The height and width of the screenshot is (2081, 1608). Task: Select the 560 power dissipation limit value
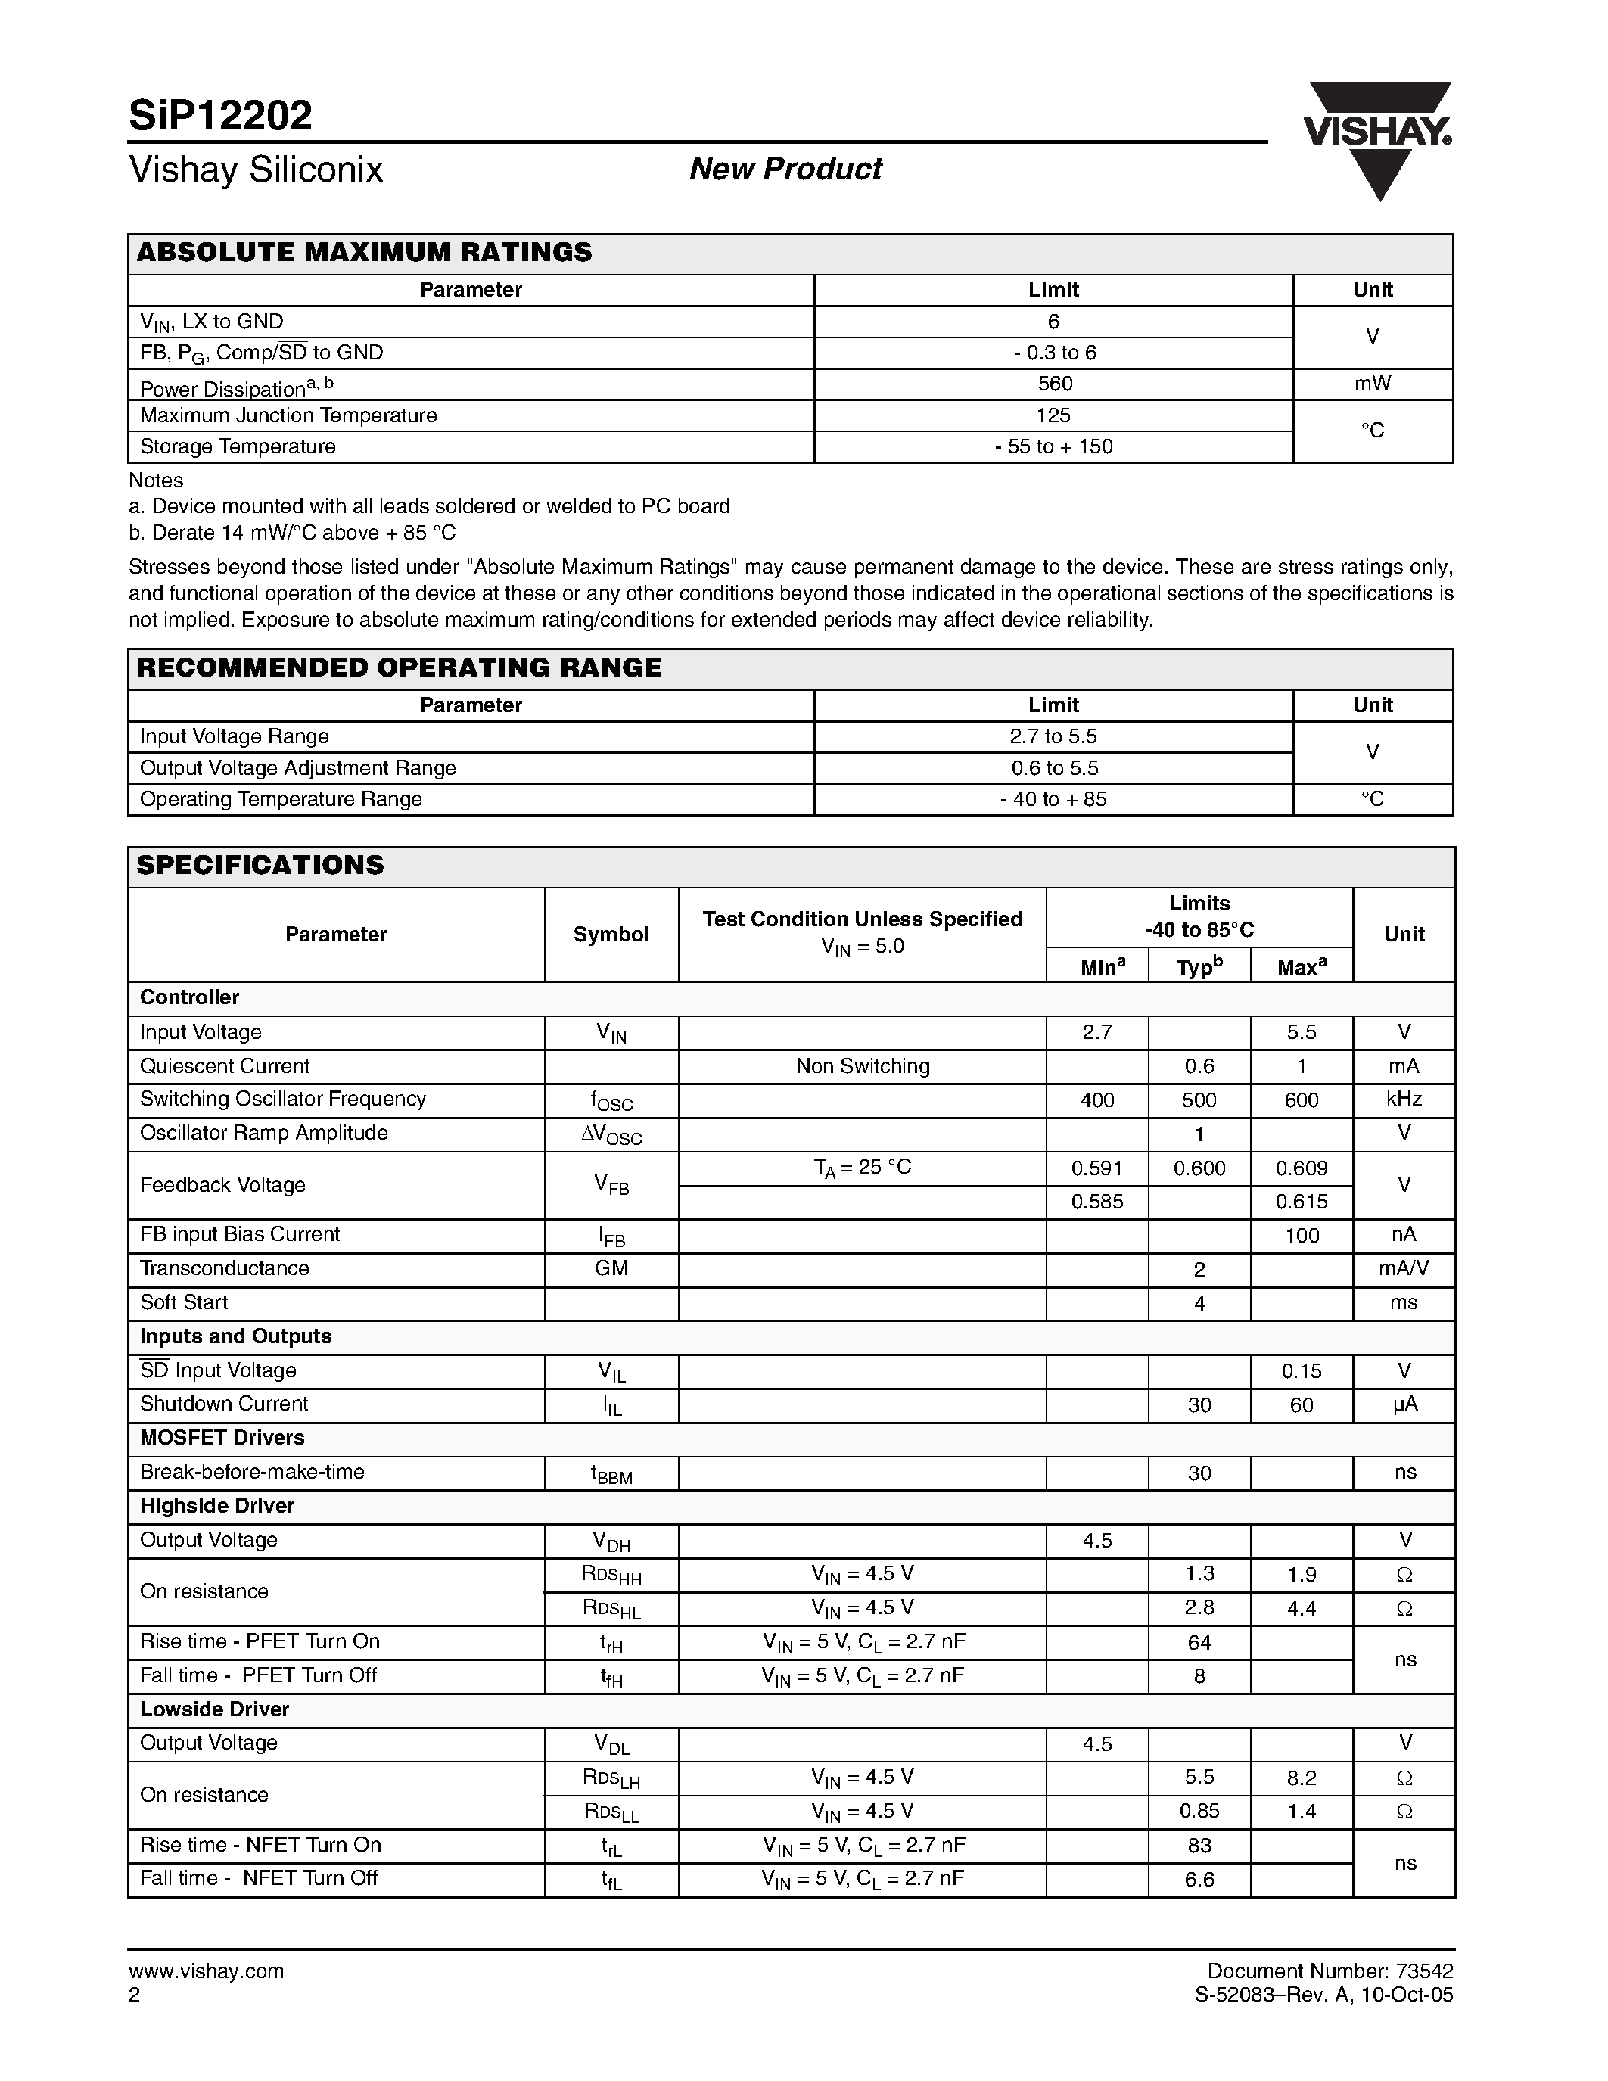pyautogui.click(x=1053, y=383)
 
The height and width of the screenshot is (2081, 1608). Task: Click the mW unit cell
pyautogui.click(x=1372, y=383)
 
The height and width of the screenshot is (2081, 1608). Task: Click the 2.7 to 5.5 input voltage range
pyautogui.click(x=1053, y=736)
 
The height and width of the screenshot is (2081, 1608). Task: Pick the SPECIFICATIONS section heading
pyautogui.click(x=260, y=864)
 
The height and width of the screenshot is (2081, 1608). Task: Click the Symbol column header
pyautogui.click(x=611, y=934)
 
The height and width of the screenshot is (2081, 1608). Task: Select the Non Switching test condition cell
pyautogui.click(x=862, y=1065)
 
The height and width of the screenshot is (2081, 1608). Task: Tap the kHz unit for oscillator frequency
pyautogui.click(x=1403, y=1099)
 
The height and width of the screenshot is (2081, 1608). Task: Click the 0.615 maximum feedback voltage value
pyautogui.click(x=1302, y=1202)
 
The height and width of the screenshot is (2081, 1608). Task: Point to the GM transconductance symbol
pyautogui.click(x=611, y=1268)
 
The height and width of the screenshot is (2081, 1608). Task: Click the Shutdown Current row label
pyautogui.click(x=224, y=1404)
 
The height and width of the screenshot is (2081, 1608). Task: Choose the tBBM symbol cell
pyautogui.click(x=611, y=1473)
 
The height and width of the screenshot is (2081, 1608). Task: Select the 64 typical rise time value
pyautogui.click(x=1199, y=1642)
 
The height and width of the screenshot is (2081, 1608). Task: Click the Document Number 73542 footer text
pyautogui.click(x=1330, y=1971)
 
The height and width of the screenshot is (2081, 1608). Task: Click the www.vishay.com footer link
pyautogui.click(x=206, y=1971)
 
